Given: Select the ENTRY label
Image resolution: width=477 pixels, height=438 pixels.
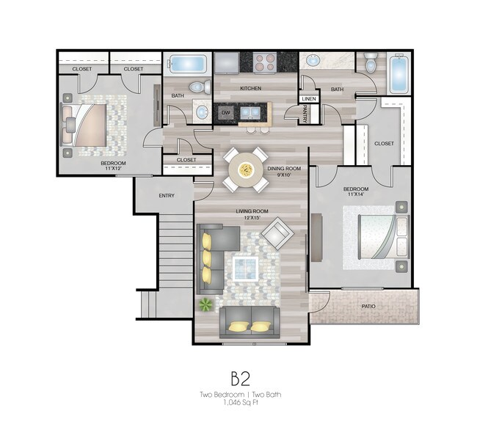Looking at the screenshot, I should point(167,196).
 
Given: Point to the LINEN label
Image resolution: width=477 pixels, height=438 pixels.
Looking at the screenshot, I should point(307,98).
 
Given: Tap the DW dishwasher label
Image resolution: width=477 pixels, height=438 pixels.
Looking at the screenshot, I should point(226,112).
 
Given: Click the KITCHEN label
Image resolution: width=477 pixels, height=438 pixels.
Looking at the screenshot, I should point(251,88).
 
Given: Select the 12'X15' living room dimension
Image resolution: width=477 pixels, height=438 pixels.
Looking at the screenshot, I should point(250,218).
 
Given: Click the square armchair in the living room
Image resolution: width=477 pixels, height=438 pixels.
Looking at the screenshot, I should point(277,234).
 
